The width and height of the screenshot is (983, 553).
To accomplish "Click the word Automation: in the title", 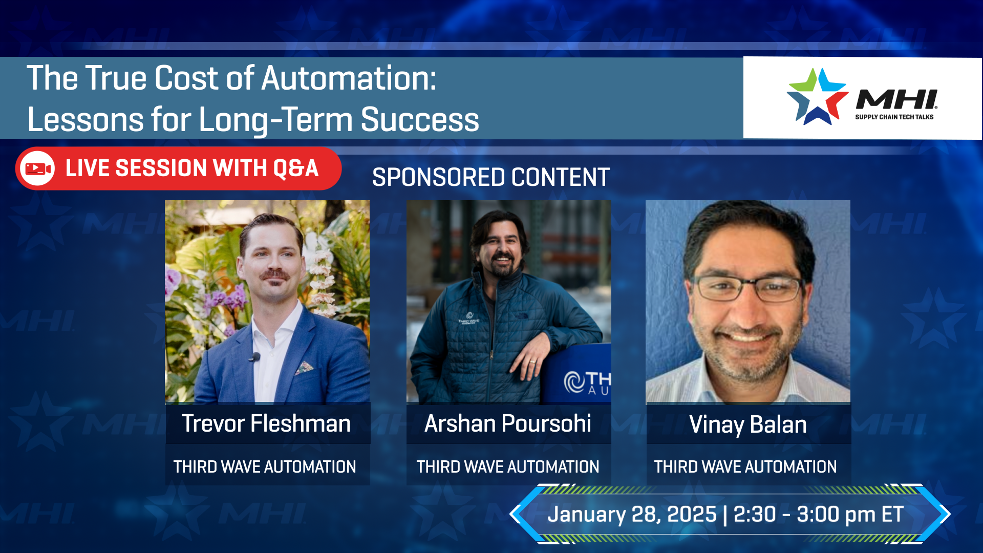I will pos(349,78).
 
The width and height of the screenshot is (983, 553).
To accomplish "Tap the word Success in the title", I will pos(420,120).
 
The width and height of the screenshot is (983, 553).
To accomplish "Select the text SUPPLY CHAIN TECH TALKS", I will pos(894,117).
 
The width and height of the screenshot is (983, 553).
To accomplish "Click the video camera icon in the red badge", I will pos(38,168).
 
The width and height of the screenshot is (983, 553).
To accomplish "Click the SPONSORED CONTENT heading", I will pos(490,178).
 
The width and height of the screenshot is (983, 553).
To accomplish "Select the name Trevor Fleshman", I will pos(266,424).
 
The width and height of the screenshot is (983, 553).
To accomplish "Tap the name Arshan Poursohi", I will pos(508,424).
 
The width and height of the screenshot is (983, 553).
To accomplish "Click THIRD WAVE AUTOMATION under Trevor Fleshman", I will pos(265,467).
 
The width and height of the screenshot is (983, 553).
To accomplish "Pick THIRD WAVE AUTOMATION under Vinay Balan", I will pos(745,467).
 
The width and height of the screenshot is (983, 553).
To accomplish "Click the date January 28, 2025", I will pos(632,515).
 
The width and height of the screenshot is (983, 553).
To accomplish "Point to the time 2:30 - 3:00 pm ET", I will pos(818,515).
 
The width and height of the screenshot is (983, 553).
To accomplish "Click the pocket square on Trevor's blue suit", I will pos(304,368).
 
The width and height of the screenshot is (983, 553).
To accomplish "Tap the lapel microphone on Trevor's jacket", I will pos(254,357).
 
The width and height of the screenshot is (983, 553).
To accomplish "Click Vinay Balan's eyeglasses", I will pos(749,288).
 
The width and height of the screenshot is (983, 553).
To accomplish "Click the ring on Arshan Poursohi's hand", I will pos(533,361).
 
